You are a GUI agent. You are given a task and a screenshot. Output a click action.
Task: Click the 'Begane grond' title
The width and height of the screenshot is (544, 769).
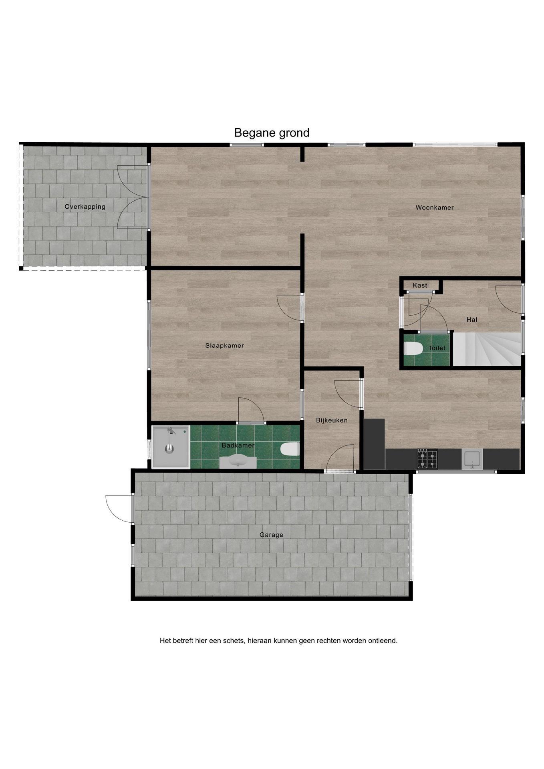point(272,133)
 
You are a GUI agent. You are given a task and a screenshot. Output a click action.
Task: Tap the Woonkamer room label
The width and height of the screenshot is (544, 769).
point(435,207)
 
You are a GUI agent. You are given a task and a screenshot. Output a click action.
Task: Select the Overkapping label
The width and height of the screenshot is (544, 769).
point(85,207)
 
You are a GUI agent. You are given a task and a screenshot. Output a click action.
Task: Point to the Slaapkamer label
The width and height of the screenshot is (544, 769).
point(225,345)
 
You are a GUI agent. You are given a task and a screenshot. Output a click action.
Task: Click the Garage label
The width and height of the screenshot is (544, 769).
point(271,535)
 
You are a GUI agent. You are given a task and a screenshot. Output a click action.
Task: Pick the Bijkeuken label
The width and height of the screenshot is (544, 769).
point(332,420)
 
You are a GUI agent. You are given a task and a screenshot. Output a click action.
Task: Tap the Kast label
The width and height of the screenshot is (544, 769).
point(420,285)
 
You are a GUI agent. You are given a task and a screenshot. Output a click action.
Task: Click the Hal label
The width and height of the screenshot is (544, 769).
point(471,320)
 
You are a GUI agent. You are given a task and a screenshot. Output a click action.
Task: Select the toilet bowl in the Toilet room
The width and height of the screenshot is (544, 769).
point(413,348)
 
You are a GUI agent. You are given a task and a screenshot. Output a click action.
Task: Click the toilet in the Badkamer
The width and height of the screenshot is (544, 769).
point(290,449)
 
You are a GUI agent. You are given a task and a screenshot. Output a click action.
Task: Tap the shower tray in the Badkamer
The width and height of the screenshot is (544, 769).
point(171,447)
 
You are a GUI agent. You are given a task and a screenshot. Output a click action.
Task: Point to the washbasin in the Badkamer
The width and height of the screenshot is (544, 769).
point(238,462)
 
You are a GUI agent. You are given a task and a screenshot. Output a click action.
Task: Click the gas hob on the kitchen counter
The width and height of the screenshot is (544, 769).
point(427,459)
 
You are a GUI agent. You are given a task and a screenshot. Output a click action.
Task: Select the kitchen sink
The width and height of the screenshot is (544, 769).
point(472,459)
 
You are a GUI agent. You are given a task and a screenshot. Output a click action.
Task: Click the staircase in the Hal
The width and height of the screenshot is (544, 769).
point(487,349)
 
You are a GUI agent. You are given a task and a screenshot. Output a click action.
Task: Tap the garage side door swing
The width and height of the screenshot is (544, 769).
point(119,509)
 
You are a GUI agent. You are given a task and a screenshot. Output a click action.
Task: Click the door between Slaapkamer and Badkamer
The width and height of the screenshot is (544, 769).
point(251,410)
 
